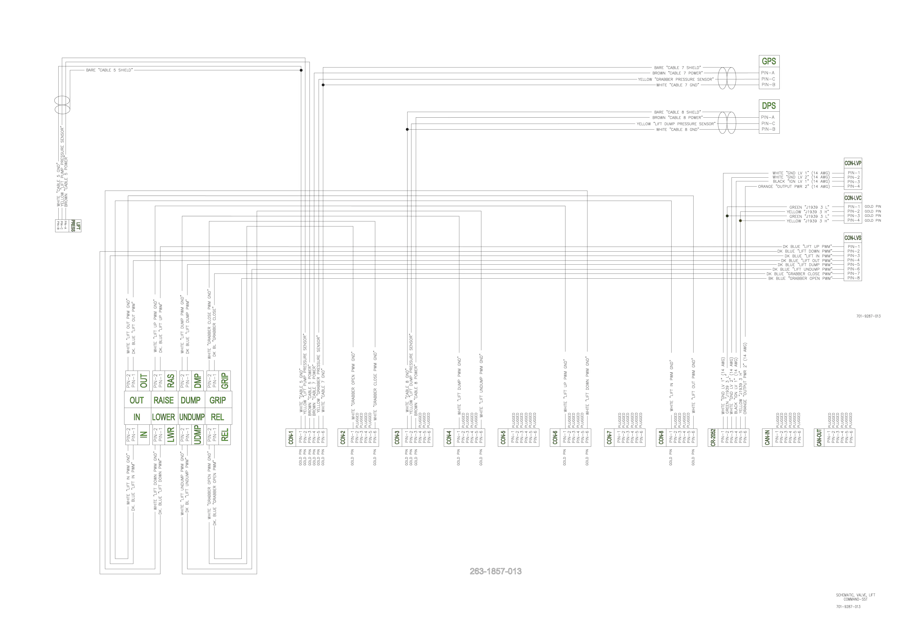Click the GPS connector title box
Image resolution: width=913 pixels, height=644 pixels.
769,61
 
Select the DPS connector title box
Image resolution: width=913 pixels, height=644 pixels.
769,106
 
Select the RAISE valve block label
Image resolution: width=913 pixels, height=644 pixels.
163,400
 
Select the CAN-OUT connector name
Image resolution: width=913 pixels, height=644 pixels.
819,437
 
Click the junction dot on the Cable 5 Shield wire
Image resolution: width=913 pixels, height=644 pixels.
301,70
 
